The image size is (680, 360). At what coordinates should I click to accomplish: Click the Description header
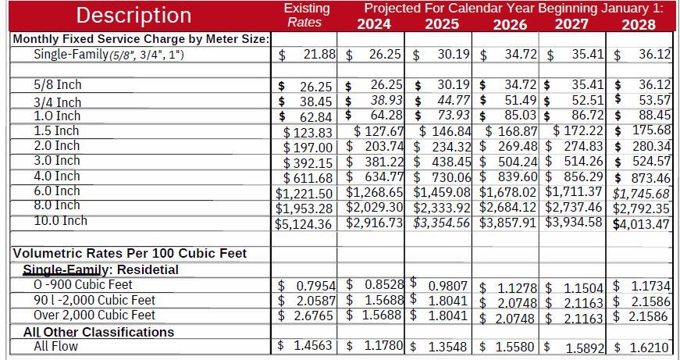click(x=134, y=16)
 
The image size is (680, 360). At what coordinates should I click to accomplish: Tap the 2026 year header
click(x=510, y=24)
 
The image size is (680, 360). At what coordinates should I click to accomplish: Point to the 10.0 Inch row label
click(x=61, y=221)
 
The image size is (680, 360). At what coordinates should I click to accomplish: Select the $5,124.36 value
click(x=304, y=224)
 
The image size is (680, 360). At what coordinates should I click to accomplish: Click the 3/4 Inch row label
click(x=57, y=102)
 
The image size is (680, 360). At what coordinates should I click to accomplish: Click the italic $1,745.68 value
click(x=641, y=194)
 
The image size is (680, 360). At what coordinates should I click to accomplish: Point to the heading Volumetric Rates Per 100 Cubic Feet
click(x=130, y=253)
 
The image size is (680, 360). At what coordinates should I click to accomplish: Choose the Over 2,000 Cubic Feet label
click(x=94, y=315)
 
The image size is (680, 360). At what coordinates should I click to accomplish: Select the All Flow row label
click(x=56, y=345)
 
